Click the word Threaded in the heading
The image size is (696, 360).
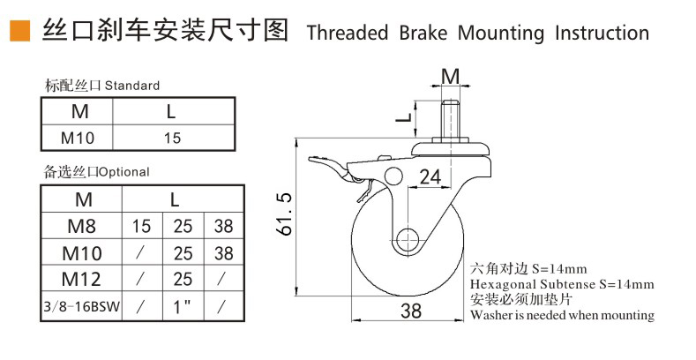(x=347, y=34)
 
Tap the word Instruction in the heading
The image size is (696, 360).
(x=602, y=34)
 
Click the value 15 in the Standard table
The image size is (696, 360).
(x=172, y=138)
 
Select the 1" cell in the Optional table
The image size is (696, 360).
(x=183, y=307)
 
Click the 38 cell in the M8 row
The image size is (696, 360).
(x=224, y=226)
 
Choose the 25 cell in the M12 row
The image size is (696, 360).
(x=183, y=280)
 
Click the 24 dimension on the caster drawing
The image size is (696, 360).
(x=429, y=176)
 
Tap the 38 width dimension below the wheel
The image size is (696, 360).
(x=410, y=311)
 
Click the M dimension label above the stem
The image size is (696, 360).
(x=450, y=76)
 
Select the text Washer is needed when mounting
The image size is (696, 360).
(x=562, y=314)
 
